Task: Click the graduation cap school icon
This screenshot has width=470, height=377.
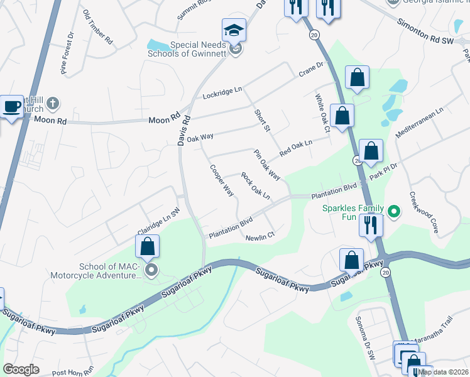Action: click(233, 30)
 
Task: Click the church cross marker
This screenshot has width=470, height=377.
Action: click(54, 102)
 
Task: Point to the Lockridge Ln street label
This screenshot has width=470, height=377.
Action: click(222, 93)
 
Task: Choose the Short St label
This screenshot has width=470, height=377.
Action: click(261, 121)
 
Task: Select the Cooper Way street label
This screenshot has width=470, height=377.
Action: click(222, 180)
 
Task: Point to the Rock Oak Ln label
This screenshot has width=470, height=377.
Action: click(256, 187)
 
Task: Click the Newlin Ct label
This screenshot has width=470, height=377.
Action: click(260, 236)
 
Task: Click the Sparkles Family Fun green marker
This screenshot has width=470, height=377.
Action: click(395, 212)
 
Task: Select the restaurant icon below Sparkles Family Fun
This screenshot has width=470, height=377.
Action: click(371, 225)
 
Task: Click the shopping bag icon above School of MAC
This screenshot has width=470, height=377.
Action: click(148, 246)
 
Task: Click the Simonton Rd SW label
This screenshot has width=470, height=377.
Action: click(425, 31)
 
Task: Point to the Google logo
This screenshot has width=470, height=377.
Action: click(21, 369)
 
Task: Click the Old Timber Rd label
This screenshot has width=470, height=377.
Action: click(97, 27)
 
